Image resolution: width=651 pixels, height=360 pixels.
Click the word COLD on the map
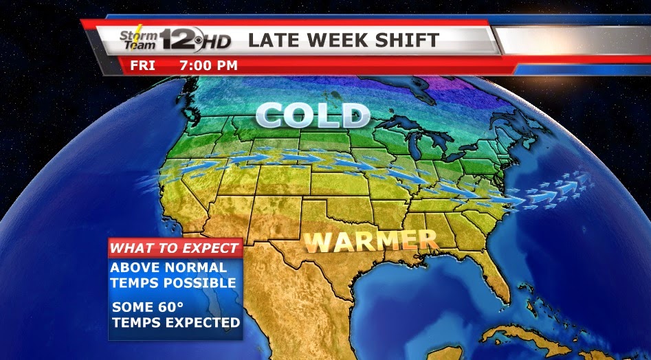(312, 115)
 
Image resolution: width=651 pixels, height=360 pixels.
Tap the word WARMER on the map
(371, 240)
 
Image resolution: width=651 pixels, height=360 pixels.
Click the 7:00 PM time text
(208, 66)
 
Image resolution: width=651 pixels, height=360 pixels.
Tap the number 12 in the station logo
(180, 40)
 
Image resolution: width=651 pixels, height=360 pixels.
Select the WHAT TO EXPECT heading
(175, 248)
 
